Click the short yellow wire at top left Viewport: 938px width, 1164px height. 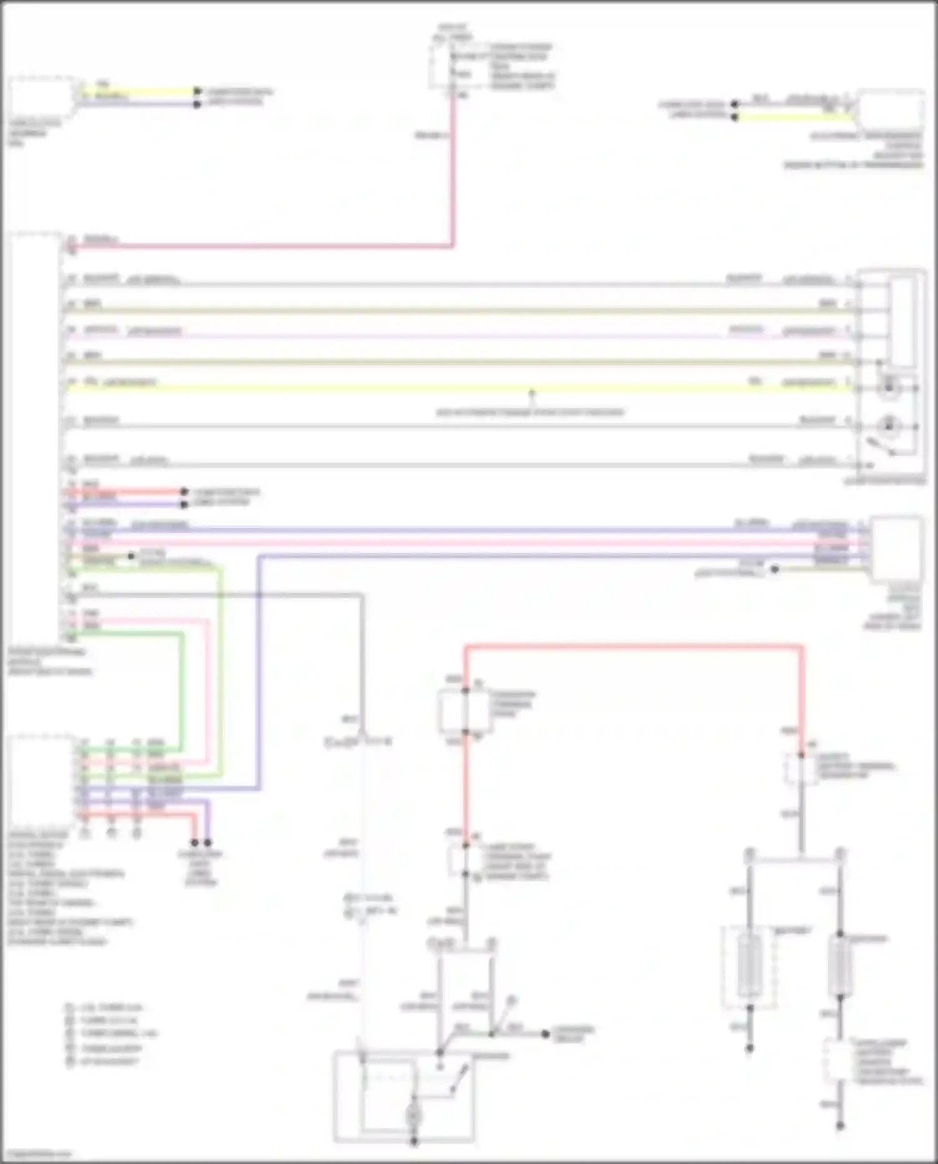pyautogui.click(x=138, y=91)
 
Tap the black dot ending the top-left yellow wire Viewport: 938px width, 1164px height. pyautogui.click(x=197, y=91)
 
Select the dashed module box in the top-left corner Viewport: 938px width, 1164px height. pyautogui.click(x=41, y=97)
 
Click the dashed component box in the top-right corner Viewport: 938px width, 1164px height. pyautogui.click(x=890, y=109)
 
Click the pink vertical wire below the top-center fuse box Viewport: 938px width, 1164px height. pyautogui.click(x=453, y=175)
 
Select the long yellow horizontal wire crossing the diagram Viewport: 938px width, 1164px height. pyautogui.click(x=375, y=388)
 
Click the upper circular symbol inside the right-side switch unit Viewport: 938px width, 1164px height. pyautogui.click(x=888, y=388)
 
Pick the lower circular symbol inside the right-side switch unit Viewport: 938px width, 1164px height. pyautogui.click(x=888, y=427)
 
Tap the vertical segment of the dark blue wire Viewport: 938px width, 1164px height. pyautogui.click(x=260, y=669)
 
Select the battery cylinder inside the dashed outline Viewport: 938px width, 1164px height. pyautogui.click(x=749, y=966)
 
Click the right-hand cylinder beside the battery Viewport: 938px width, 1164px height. pyautogui.click(x=840, y=966)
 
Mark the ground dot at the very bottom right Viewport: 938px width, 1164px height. pyautogui.click(x=840, y=1126)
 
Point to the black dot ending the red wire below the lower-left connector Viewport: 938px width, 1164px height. pyautogui.click(x=194, y=843)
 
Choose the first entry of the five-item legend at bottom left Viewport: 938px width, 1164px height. pyautogui.click(x=106, y=1008)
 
